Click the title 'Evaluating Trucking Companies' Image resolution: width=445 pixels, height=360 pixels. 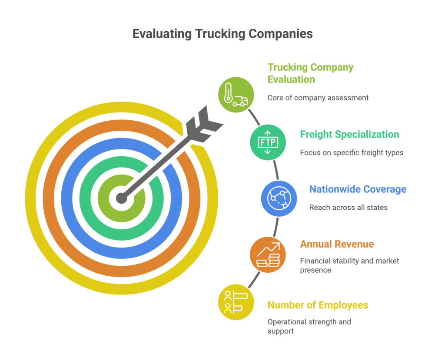click(x=222, y=34)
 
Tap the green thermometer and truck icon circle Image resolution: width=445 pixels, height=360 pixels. click(x=236, y=95)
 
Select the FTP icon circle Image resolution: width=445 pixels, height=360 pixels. click(x=268, y=142)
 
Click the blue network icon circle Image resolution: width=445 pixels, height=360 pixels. click(x=279, y=198)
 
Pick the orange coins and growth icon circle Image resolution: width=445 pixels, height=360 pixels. click(x=268, y=255)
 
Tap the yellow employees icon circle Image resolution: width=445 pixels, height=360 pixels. click(x=236, y=302)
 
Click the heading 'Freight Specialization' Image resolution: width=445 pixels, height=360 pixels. click(x=349, y=134)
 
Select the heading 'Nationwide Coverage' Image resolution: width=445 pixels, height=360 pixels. click(x=358, y=189)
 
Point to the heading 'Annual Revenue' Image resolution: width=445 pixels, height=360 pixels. click(x=337, y=244)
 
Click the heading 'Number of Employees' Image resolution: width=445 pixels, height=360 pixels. click(x=318, y=305)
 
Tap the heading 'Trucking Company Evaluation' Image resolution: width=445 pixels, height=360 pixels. click(x=310, y=73)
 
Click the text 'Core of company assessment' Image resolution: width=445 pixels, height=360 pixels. click(x=318, y=98)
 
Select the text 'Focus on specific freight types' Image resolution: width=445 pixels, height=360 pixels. click(x=352, y=152)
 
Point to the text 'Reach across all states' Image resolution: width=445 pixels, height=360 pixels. click(x=348, y=208)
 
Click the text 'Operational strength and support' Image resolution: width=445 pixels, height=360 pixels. click(x=309, y=327)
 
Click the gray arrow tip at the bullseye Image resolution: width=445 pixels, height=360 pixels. click(x=122, y=199)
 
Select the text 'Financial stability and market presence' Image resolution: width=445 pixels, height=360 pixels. click(x=349, y=265)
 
